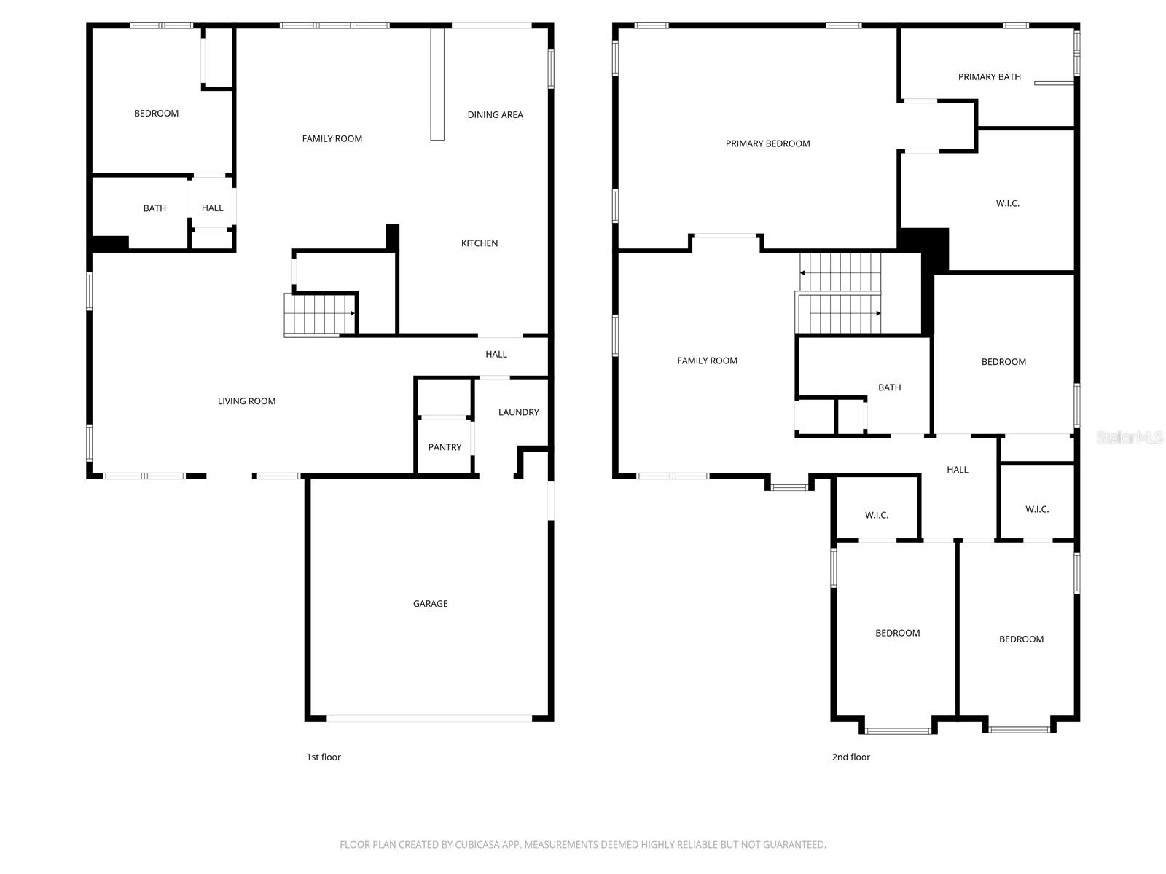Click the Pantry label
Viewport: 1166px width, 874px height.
coord(445,447)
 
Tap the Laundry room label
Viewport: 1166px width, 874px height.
coord(518,412)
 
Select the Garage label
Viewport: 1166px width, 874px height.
coord(430,604)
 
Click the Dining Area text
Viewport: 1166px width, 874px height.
coord(495,115)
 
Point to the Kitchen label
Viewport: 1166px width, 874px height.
coord(480,243)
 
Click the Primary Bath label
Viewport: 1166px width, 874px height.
coord(989,77)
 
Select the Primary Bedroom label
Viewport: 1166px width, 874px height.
coord(767,144)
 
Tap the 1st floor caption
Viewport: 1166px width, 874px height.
coord(324,757)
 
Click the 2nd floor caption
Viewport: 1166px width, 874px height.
coord(850,757)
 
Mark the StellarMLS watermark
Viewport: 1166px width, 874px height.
coord(1129,437)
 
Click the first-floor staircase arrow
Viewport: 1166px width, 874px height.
coord(353,313)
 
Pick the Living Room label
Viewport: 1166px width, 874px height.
coord(246,401)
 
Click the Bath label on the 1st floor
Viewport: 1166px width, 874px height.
coord(154,208)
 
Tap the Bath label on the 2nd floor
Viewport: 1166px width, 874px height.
coord(889,387)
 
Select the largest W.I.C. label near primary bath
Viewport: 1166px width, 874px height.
coord(1007,204)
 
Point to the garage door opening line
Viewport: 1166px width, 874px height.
coord(429,718)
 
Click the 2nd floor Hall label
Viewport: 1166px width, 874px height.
coord(957,470)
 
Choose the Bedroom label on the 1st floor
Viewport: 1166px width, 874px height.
coord(156,114)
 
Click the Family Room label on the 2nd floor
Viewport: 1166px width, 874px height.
coord(707,361)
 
